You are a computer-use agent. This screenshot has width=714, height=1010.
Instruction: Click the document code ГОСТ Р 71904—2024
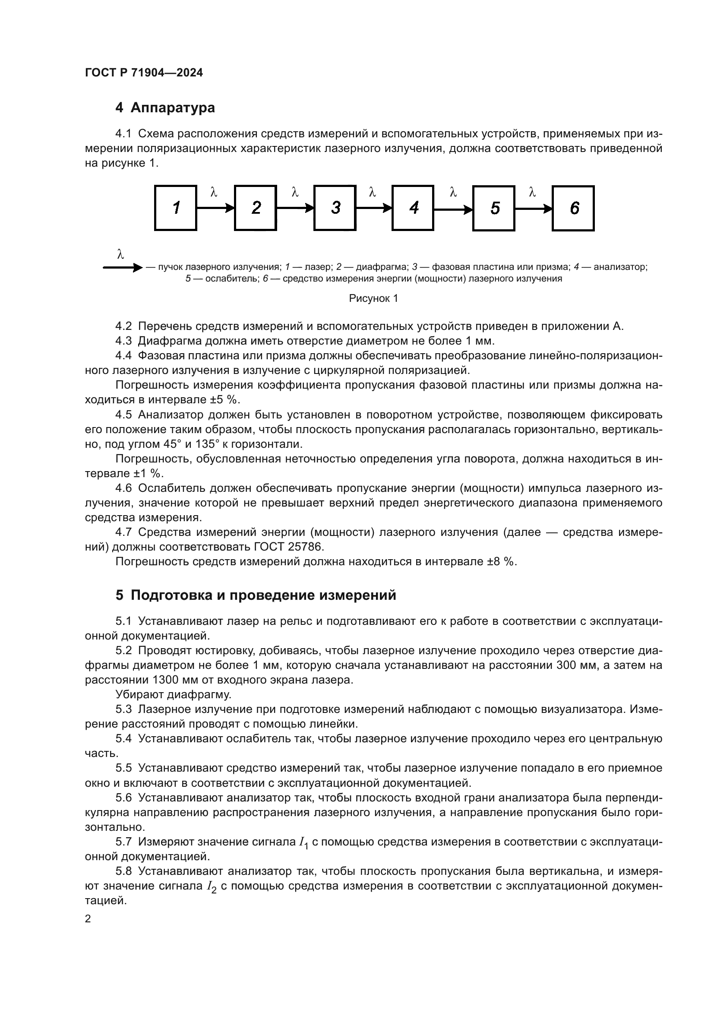click(x=144, y=73)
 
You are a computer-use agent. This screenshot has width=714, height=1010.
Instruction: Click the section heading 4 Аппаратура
click(x=165, y=108)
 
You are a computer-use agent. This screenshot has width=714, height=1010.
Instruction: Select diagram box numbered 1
click(x=175, y=208)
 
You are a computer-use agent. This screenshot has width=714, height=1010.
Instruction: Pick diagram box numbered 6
click(x=573, y=208)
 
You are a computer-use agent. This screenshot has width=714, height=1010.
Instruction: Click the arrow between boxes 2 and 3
click(x=295, y=208)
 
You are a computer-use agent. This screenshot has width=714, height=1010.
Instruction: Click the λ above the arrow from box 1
click(x=214, y=192)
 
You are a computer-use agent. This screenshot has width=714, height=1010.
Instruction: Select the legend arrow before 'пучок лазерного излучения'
click(x=122, y=267)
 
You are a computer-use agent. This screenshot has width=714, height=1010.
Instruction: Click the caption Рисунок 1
click(x=373, y=299)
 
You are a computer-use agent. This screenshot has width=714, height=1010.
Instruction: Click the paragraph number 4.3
click(x=123, y=341)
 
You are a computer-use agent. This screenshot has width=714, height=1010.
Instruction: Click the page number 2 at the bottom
click(x=88, y=919)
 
